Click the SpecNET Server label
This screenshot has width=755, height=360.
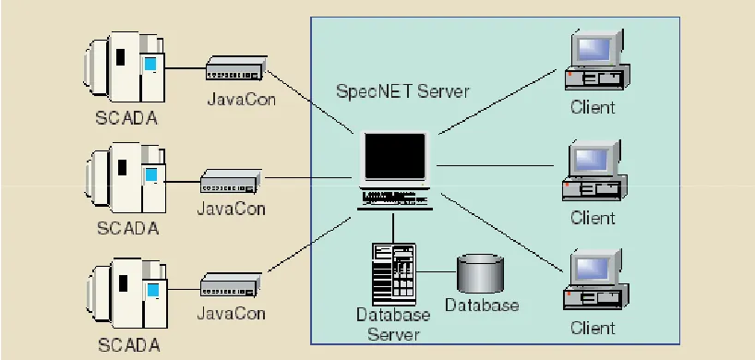pyautogui.click(x=402, y=91)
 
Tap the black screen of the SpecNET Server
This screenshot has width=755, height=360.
pyautogui.click(x=395, y=156)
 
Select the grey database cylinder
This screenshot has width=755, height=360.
pyautogui.click(x=480, y=274)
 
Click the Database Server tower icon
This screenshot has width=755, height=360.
pyautogui.click(x=394, y=274)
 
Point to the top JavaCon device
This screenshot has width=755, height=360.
pyautogui.click(x=236, y=68)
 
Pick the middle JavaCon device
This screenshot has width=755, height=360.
pyautogui.click(x=231, y=181)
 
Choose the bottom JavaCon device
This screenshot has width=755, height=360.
pyautogui.click(x=231, y=285)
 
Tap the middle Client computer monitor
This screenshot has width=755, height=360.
pyautogui.click(x=593, y=160)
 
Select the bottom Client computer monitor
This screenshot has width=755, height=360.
pyautogui.click(x=594, y=269)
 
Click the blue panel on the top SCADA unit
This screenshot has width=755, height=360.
pyautogui.click(x=150, y=64)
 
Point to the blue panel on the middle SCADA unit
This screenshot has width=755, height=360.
pyautogui.click(x=151, y=174)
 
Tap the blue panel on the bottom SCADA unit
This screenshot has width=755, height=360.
pyautogui.click(x=152, y=290)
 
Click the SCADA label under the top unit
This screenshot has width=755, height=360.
pyautogui.click(x=126, y=118)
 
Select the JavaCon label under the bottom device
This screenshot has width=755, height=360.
pyautogui.click(x=231, y=313)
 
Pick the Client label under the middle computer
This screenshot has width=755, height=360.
pyautogui.click(x=593, y=218)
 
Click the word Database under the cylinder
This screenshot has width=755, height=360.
pyautogui.click(x=482, y=306)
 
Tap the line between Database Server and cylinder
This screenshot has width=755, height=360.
pyautogui.click(x=437, y=272)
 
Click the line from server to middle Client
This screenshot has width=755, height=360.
pyautogui.click(x=496, y=165)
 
